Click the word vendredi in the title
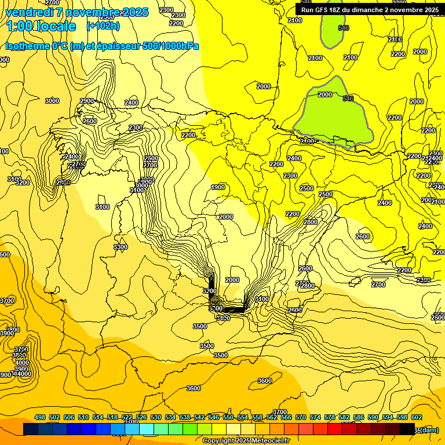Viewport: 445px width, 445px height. [31, 12]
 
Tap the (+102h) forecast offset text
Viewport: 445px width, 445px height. [103, 25]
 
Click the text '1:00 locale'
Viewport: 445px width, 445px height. [41, 26]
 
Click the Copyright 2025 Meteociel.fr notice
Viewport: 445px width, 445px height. [246, 440]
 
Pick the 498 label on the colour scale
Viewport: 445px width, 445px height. [40, 417]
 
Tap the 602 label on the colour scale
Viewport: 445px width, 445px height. [417, 417]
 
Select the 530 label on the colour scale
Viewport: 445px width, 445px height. [156, 417]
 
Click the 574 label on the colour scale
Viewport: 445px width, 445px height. [315, 417]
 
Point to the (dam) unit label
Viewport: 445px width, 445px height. [429, 429]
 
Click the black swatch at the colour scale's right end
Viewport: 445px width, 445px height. [407, 429]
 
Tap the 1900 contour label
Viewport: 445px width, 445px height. [218, 187]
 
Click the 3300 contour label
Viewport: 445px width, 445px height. [121, 247]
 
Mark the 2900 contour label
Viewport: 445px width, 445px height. [87, 101]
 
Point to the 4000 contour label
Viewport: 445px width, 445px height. [21, 363]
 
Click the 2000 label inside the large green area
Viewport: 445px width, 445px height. [325, 94]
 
